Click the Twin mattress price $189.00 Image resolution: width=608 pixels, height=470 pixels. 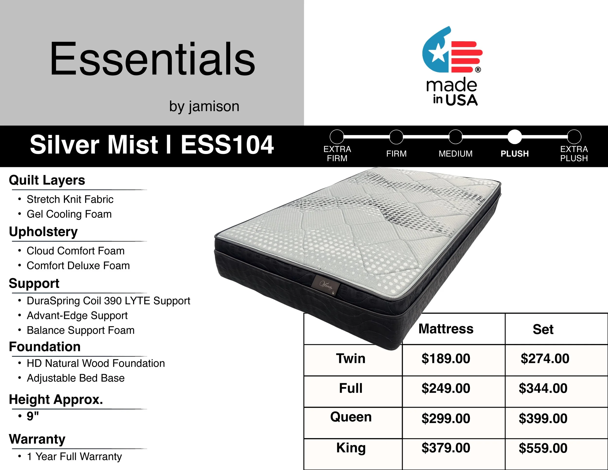tap(446, 359)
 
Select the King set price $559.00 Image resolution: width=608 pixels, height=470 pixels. tap(543, 448)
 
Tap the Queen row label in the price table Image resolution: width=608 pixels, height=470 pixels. tap(351, 417)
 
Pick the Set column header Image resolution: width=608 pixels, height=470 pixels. tap(543, 329)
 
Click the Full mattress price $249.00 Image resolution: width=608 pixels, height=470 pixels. tap(446, 388)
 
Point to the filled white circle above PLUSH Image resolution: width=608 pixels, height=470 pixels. tap(514, 137)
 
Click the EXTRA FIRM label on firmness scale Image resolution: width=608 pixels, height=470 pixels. tap(337, 154)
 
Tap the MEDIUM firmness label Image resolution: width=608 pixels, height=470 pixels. tap(456, 154)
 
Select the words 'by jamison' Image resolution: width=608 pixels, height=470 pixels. tap(204, 106)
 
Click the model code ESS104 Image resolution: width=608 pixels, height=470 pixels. tap(227, 145)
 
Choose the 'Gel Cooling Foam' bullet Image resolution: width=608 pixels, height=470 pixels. tap(69, 214)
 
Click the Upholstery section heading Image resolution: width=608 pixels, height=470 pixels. tap(44, 231)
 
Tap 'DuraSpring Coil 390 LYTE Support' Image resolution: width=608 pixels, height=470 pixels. tap(108, 301)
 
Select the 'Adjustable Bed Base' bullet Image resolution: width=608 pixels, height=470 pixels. tap(75, 378)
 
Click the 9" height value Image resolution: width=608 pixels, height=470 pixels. tap(33, 416)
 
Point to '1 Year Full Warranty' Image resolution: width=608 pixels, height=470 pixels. tap(74, 457)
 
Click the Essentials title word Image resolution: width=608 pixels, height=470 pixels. tap(152, 59)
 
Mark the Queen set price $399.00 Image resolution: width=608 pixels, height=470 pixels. tap(543, 418)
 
